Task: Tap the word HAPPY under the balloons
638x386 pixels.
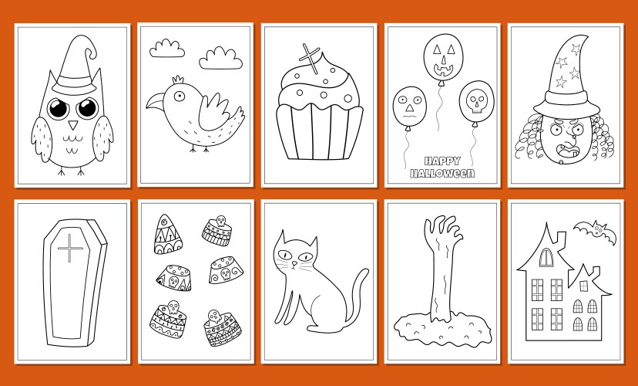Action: coord(442,162)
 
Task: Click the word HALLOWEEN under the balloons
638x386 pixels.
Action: coord(442,174)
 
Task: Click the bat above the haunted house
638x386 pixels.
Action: coord(592,229)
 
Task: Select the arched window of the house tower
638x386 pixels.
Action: coord(546,256)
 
